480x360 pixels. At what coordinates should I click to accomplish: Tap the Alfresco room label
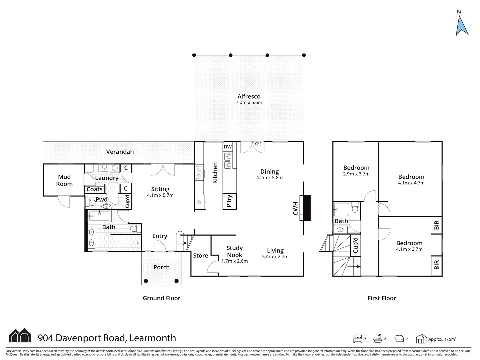[x=249, y=97]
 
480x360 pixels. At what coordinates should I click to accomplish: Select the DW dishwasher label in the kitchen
[x=228, y=147]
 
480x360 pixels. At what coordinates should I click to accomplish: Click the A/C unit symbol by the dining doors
[x=257, y=144]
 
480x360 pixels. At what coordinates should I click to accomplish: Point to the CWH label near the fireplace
[x=295, y=208]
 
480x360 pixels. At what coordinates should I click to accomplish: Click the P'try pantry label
[x=229, y=201]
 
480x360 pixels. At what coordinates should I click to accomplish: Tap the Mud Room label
[x=64, y=180]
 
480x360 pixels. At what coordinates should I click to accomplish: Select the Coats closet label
[x=94, y=189]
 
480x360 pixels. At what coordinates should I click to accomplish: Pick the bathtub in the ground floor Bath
[x=99, y=216]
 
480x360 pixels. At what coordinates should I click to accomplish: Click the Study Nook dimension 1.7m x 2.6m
[x=235, y=261]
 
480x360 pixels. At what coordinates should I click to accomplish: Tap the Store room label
[x=200, y=256]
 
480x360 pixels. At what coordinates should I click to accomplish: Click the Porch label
[x=161, y=267]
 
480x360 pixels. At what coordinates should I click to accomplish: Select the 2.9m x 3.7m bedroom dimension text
[x=356, y=174]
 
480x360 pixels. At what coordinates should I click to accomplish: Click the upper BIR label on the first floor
[x=436, y=226]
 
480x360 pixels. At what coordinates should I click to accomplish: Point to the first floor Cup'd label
[x=355, y=245]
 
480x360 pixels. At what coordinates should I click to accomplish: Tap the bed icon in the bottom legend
[x=358, y=339]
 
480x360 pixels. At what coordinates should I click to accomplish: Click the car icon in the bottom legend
[x=399, y=339]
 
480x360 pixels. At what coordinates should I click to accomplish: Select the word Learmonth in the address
[x=152, y=338]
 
